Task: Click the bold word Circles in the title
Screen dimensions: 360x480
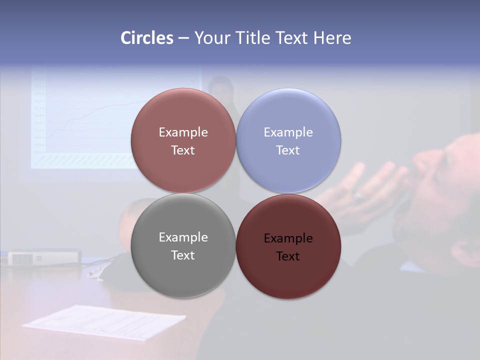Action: coord(146,38)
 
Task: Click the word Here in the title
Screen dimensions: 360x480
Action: coord(332,38)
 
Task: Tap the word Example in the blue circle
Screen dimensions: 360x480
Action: coord(288,132)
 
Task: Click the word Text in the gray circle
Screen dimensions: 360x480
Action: coord(183,255)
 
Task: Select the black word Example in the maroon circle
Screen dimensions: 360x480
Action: coord(288,238)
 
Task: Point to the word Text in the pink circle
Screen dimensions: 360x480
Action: coord(183,150)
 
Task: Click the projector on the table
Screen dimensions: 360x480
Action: coord(43,257)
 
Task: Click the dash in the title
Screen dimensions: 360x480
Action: coord(183,38)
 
